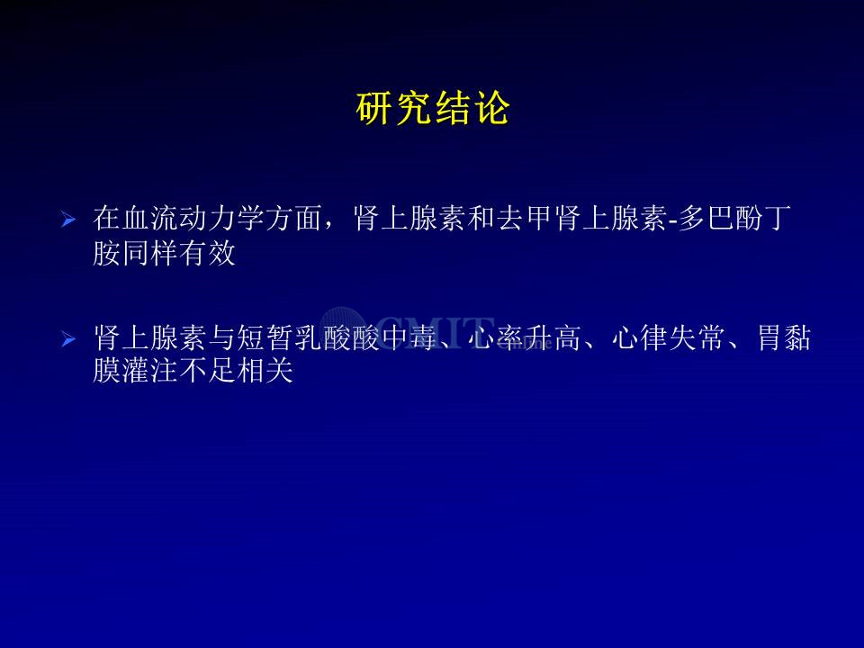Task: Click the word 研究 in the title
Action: (x=394, y=109)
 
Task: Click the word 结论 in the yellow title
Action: (x=472, y=109)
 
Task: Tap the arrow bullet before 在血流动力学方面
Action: (x=68, y=220)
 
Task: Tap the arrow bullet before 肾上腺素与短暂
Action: (x=68, y=338)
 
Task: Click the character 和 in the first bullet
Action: (x=481, y=218)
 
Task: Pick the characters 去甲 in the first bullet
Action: (x=524, y=218)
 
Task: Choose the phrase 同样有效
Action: (x=178, y=254)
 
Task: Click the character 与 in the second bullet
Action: (x=221, y=337)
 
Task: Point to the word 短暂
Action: (x=265, y=337)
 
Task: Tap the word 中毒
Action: (x=409, y=337)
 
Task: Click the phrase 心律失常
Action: (x=669, y=337)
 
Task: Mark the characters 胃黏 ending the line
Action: (x=784, y=337)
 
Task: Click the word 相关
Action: (x=265, y=370)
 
